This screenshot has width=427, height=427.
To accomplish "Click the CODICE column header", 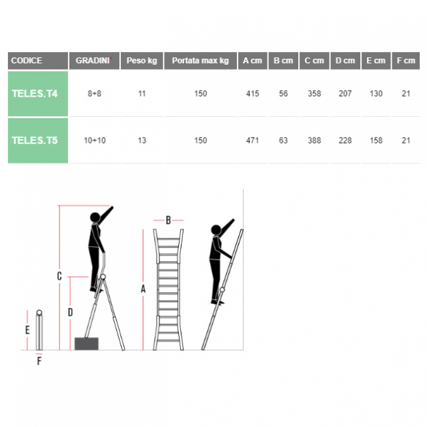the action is [x=27, y=61].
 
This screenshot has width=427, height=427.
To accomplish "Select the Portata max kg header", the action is [x=200, y=61].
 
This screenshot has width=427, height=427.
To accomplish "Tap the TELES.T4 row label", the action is [x=35, y=93].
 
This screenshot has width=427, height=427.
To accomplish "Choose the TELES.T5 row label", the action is [x=35, y=141].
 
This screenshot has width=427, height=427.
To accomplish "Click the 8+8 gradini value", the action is [x=95, y=93].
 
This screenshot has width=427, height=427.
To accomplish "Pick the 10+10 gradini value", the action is [x=95, y=141].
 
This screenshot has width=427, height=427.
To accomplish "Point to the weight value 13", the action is [x=142, y=141].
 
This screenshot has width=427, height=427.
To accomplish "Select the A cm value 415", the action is [x=252, y=93].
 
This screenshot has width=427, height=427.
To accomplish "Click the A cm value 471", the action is [x=252, y=141].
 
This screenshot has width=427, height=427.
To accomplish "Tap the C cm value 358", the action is [x=314, y=93].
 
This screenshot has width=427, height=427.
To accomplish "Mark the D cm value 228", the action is [x=345, y=141].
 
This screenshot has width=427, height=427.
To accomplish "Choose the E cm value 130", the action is [x=376, y=93].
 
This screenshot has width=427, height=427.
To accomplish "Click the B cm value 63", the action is [x=283, y=141].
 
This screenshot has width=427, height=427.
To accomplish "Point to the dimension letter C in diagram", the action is [x=59, y=276].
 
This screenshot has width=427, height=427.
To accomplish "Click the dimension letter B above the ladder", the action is [x=168, y=220].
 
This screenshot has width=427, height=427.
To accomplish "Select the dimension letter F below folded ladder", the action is [x=39, y=361].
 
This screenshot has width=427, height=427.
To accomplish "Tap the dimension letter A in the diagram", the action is [x=143, y=289].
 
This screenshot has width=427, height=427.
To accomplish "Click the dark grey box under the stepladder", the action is [x=87, y=344].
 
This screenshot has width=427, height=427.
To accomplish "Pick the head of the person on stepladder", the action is [x=95, y=218].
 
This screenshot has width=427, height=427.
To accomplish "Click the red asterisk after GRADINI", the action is [x=111, y=58].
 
